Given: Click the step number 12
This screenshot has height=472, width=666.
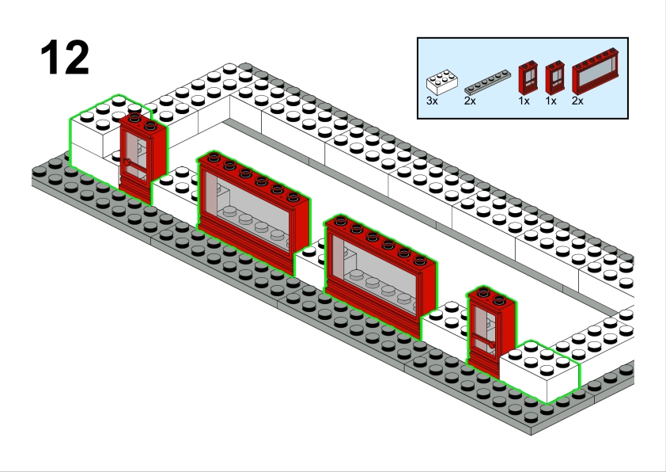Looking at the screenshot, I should pyautogui.click(x=64, y=58).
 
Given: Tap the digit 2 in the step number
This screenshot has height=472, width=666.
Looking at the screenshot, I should pyautogui.click(x=76, y=58).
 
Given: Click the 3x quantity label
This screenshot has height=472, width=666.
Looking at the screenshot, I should pyautogui.click(x=432, y=101).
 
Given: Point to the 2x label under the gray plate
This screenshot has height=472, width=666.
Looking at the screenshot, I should pyautogui.click(x=470, y=101).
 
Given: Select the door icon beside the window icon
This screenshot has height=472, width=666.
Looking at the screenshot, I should pyautogui.click(x=555, y=78).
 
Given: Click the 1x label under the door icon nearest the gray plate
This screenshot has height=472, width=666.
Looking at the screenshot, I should pyautogui.click(x=524, y=101).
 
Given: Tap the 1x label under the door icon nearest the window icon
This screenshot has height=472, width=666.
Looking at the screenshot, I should pyautogui.click(x=551, y=101).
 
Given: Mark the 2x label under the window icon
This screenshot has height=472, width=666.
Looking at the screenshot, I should pyautogui.click(x=577, y=101).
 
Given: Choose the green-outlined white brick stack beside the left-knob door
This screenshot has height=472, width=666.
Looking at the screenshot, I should pyautogui.click(x=94, y=139).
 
